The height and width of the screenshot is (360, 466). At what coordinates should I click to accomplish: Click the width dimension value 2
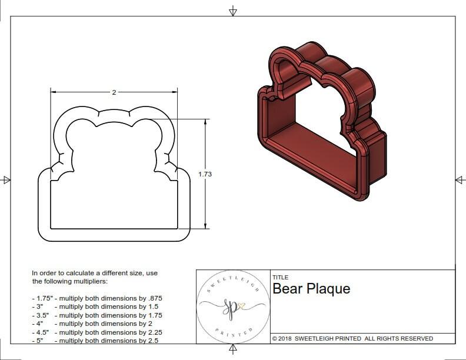[114, 92]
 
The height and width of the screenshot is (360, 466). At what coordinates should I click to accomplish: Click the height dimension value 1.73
[205, 174]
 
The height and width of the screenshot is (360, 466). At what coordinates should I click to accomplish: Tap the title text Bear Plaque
[311, 289]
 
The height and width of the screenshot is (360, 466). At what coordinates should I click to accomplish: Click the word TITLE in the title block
[280, 278]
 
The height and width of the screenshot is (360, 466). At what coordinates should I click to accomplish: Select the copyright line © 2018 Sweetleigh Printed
[352, 338]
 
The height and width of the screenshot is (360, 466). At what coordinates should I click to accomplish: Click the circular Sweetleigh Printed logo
[233, 306]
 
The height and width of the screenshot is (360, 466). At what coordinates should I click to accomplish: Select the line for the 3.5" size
[96, 315]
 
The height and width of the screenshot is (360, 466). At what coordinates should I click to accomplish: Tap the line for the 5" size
[94, 341]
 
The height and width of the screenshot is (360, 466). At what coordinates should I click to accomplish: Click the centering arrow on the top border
[233, 11]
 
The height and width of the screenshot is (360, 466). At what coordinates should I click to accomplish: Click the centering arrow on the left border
[6, 179]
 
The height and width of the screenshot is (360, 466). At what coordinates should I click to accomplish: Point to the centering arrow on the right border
[460, 179]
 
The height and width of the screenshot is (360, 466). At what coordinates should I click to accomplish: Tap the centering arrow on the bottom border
[233, 349]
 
